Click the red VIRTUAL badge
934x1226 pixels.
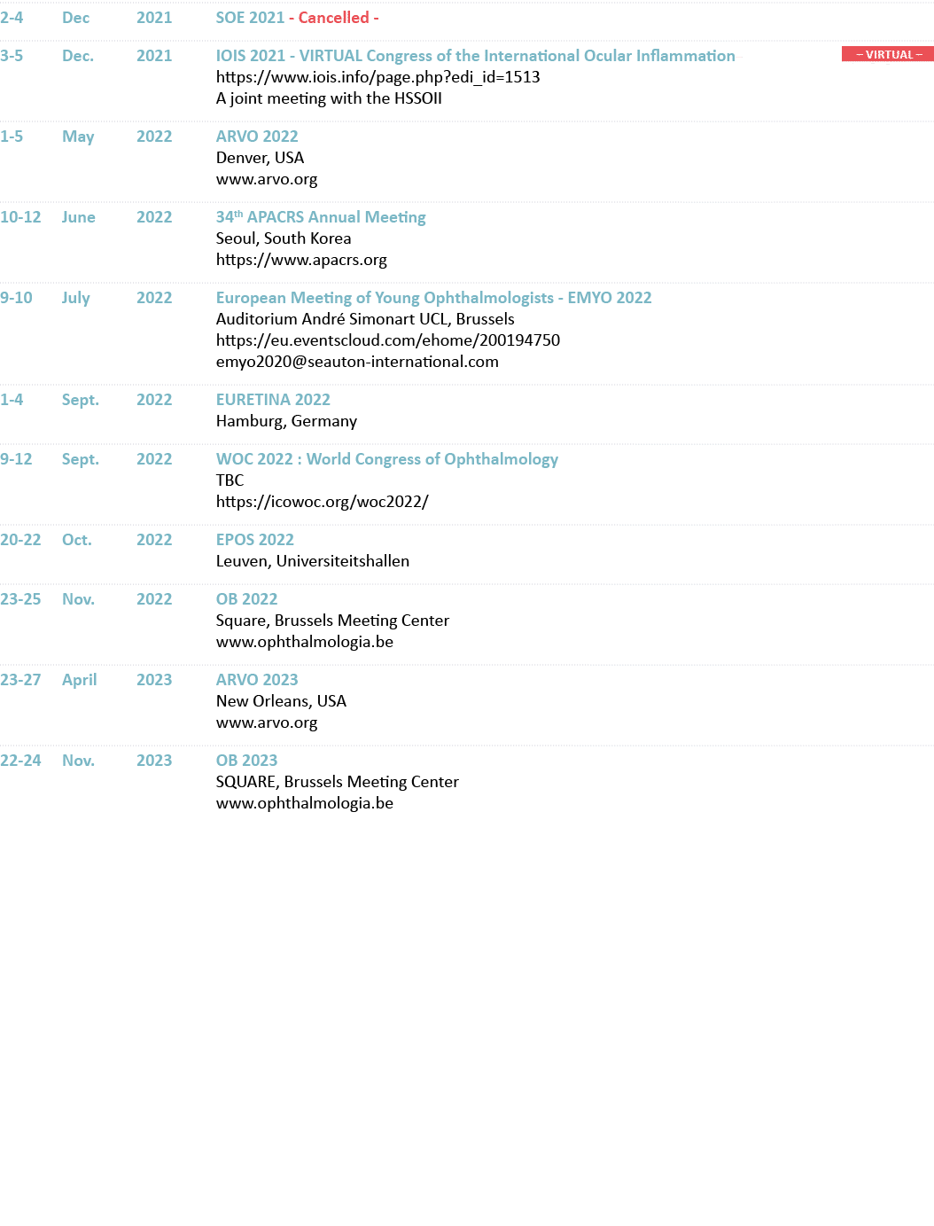[887, 55]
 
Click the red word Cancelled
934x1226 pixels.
[334, 18]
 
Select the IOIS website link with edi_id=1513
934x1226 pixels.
[377, 77]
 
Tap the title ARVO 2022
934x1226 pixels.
[257, 137]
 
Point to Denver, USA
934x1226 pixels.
[260, 158]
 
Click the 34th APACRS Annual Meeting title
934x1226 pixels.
[321, 217]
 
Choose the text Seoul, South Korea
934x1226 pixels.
[284, 238]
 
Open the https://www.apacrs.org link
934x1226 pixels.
[301, 260]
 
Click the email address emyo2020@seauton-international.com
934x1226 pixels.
[357, 362]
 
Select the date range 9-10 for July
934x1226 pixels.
[16, 298]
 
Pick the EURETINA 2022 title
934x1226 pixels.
[273, 400]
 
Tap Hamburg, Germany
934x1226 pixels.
[286, 421]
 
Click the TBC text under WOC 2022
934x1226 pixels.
[230, 480]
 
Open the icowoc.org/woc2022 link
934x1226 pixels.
[323, 502]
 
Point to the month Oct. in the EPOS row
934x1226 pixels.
[76, 540]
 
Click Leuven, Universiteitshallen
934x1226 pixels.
[313, 561]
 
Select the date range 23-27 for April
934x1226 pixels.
[20, 680]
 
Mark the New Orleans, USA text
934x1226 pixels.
[281, 701]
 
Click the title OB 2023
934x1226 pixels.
[246, 761]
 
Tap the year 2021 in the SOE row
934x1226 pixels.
[154, 18]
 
